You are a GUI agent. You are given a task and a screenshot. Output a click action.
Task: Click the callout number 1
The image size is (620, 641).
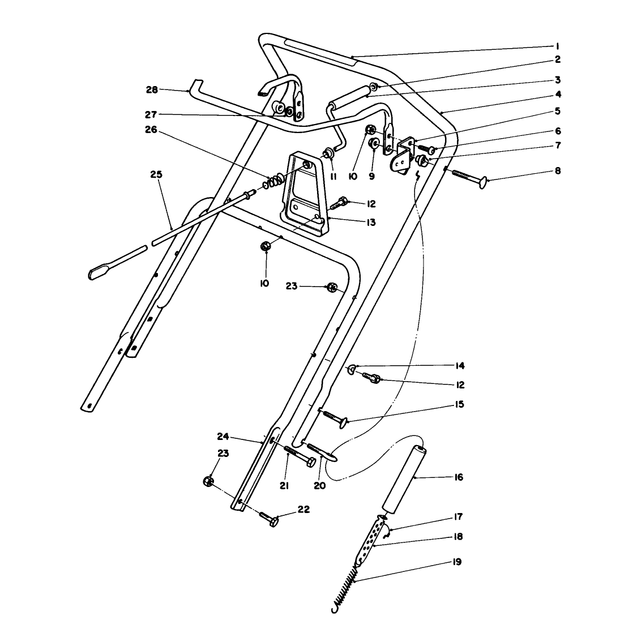click(557, 46)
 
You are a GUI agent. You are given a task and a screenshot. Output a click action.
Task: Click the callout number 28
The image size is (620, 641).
click(151, 89)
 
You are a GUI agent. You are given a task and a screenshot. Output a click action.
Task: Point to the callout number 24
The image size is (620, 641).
click(223, 436)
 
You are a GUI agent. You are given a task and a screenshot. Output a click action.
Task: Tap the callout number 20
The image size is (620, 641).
click(319, 486)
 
